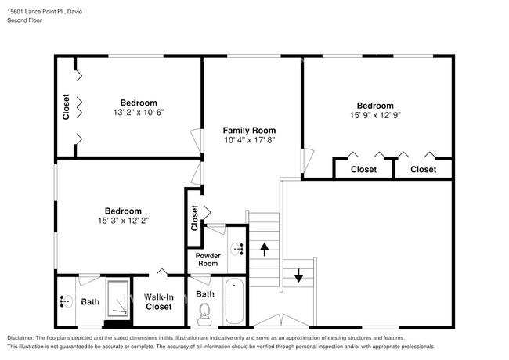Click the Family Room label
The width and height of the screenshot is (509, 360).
249,130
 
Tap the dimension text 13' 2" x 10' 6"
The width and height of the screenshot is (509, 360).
138,112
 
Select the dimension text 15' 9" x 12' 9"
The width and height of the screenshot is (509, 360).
375,115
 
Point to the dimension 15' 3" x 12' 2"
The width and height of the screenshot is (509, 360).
123,221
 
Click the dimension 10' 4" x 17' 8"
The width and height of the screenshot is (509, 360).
249,140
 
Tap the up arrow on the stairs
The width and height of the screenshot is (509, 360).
265,250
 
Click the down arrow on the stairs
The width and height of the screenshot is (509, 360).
298,275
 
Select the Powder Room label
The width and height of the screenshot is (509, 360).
208,259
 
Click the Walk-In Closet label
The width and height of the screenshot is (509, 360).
159,301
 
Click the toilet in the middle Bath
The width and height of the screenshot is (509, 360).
205,315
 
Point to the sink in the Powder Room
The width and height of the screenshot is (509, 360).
236,249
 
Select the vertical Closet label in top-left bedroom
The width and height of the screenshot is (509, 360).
67,107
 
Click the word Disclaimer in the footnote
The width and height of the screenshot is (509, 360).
24,337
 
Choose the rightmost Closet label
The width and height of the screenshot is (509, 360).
423,169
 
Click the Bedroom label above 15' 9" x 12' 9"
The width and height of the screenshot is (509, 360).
375,105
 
